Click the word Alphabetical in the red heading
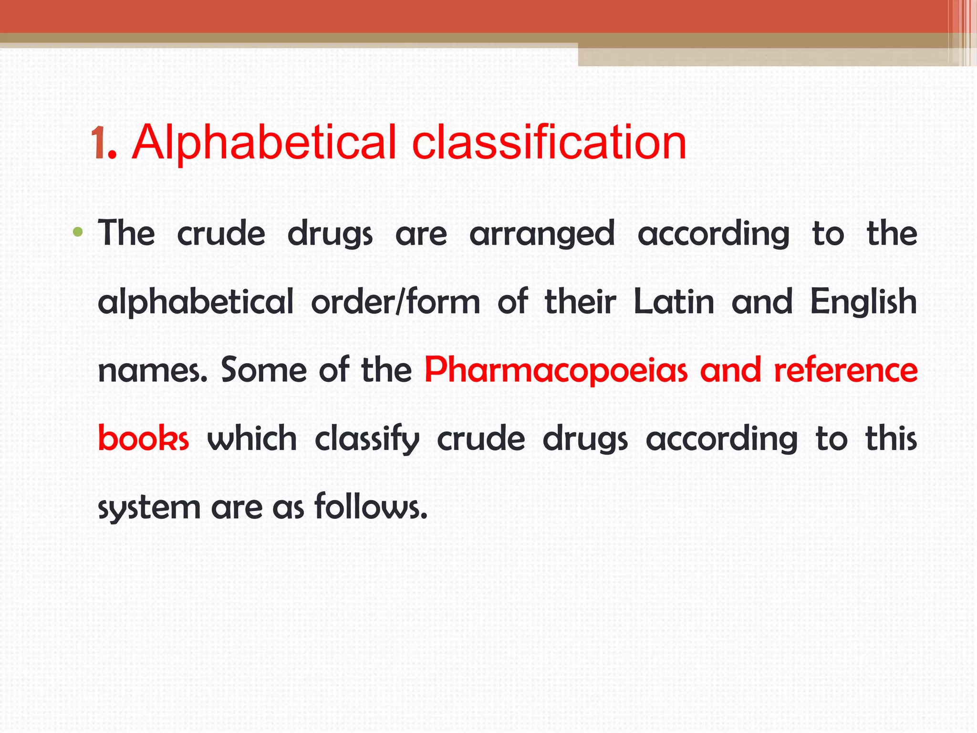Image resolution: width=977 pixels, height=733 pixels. point(264,142)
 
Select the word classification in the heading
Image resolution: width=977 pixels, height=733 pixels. point(549,142)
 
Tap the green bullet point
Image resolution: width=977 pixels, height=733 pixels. point(78,233)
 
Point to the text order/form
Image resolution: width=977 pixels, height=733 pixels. point(395,302)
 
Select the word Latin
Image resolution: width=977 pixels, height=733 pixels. point(674,302)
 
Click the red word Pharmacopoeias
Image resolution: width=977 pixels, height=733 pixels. point(556,371)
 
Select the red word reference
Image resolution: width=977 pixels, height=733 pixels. point(845,370)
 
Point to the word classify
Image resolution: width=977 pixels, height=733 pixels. point(367,439)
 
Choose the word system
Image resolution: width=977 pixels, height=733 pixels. point(149,508)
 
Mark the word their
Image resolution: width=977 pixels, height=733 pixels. point(580,302)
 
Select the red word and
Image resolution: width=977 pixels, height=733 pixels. point(730,370)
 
